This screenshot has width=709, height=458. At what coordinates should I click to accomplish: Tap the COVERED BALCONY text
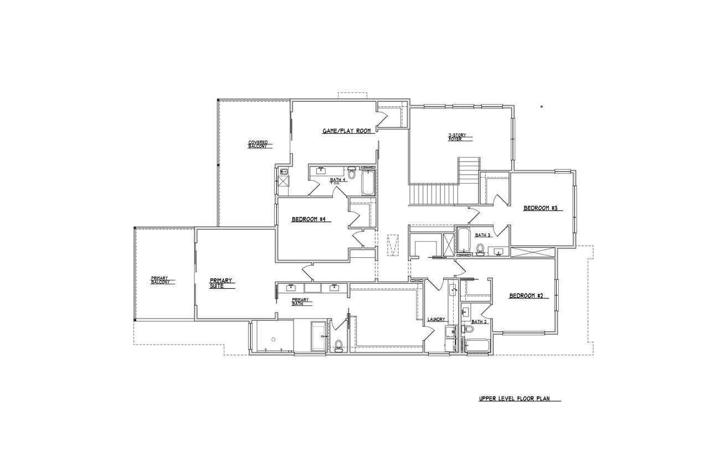coord(258,144)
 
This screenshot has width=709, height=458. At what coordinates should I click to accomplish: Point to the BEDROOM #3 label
coord(543,209)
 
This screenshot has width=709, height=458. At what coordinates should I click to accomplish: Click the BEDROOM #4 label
coord(311,220)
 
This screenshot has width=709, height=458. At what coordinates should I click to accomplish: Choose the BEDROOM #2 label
coord(528,296)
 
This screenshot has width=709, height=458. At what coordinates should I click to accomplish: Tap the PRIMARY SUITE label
coord(222,283)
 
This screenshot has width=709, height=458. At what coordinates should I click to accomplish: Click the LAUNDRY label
coord(436,320)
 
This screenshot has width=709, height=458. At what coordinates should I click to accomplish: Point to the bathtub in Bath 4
coord(367,183)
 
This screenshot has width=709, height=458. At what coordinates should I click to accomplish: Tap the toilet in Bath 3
coord(480,249)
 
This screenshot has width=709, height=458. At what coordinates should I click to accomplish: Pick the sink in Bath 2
coord(465,311)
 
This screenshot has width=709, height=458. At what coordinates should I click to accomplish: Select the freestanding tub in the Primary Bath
coord(320,336)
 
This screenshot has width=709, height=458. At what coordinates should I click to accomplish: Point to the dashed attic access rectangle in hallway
coord(393,244)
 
